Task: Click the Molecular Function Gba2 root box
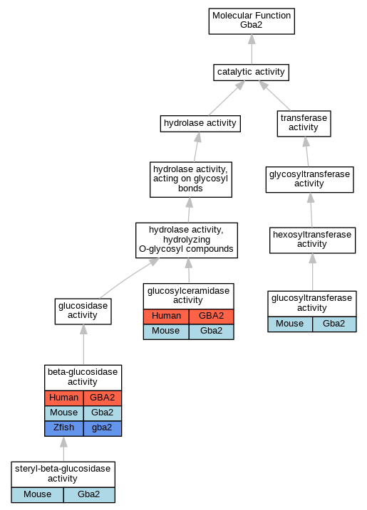click(x=252, y=21)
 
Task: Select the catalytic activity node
click(x=251, y=73)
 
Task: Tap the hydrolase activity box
click(x=200, y=123)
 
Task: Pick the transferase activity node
click(x=304, y=123)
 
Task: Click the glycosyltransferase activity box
click(x=310, y=179)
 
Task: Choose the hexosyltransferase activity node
click(x=312, y=240)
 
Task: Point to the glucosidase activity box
click(x=83, y=312)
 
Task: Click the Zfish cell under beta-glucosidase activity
click(x=64, y=428)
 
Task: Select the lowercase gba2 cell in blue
click(x=103, y=428)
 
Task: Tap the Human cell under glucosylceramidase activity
click(x=166, y=316)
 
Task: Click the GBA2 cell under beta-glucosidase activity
click(x=103, y=398)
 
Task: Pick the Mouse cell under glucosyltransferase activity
click(x=290, y=324)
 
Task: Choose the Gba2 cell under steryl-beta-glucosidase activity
click(x=89, y=495)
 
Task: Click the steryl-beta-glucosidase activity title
click(x=63, y=474)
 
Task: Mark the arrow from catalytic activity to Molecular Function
click(x=252, y=50)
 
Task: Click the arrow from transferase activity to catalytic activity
click(x=274, y=95)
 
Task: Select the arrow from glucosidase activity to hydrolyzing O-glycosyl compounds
click(x=130, y=278)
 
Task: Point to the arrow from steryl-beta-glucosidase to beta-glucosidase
click(x=64, y=449)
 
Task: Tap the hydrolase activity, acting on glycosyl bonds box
click(x=191, y=179)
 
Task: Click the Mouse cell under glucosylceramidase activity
click(x=166, y=331)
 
